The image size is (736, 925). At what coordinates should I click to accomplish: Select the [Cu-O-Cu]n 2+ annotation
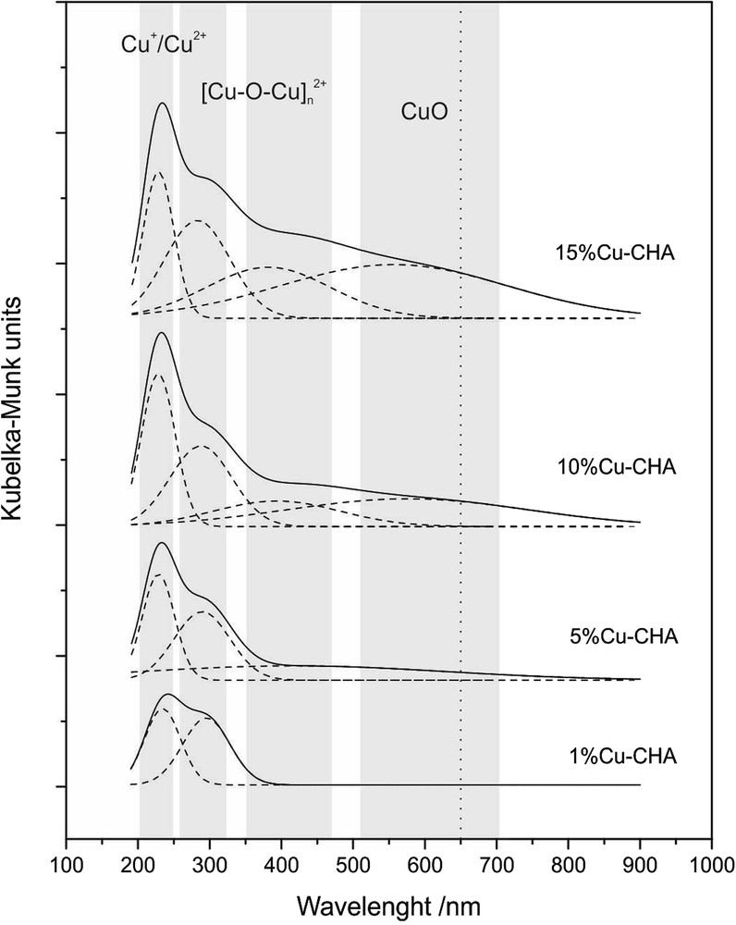264,92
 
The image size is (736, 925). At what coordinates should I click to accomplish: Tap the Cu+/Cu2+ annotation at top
168,43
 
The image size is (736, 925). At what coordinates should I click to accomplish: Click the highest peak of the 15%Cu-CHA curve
163,104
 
